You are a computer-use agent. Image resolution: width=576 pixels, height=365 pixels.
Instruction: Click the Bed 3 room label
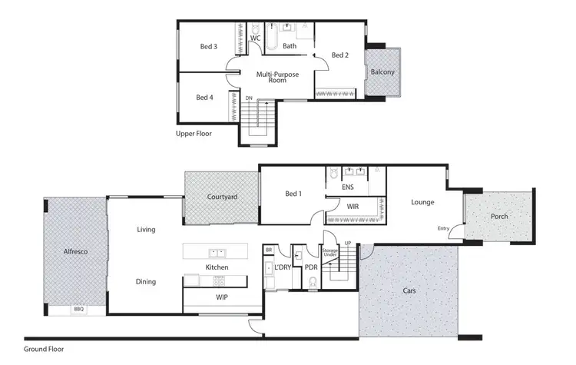[209, 47]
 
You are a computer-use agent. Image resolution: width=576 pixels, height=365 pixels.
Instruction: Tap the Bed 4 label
[204, 98]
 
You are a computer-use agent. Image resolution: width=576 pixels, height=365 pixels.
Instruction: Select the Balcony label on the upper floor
[382, 72]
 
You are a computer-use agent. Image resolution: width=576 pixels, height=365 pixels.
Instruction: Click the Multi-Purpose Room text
[277, 77]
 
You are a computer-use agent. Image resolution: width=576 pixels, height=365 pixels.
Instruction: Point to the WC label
[256, 38]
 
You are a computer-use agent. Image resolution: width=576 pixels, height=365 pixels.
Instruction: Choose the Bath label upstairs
[290, 46]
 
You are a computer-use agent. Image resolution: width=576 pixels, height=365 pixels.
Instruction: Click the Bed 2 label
[340, 55]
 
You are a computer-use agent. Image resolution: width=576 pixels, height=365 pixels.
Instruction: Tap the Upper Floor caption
[194, 134]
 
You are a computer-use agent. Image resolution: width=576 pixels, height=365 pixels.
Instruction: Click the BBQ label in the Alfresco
[78, 309]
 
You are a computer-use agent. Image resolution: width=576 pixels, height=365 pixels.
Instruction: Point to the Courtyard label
[222, 197]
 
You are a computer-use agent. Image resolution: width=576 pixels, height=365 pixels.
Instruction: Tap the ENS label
[347, 187]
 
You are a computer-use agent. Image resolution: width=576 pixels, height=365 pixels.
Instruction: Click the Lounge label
[422, 203]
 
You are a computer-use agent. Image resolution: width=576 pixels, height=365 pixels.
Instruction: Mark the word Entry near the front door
[443, 228]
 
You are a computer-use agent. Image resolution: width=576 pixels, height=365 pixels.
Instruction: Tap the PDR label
[311, 267]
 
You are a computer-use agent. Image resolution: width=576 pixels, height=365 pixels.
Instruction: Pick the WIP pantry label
[222, 297]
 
